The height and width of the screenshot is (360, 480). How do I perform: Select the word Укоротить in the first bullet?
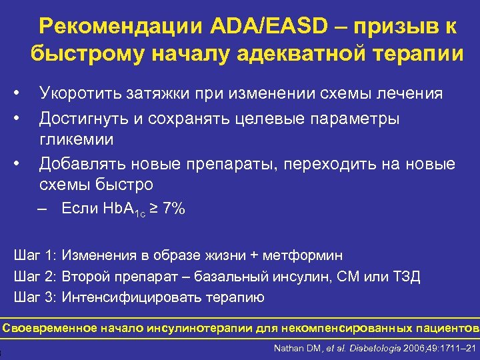(79, 93)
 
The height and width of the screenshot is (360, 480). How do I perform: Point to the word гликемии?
(76, 139)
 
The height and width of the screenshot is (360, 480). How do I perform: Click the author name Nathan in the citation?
(289, 347)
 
